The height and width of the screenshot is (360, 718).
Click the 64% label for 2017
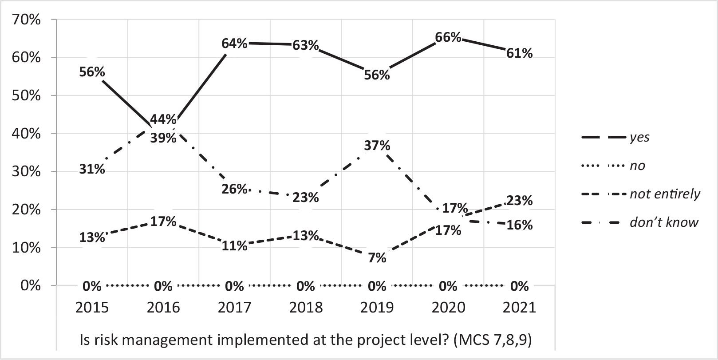234,44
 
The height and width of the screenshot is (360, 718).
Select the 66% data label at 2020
448,37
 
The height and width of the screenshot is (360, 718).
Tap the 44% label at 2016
163,119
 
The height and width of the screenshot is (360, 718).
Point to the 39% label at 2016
163,138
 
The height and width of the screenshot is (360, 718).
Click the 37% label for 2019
377,145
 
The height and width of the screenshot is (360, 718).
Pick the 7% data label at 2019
377,257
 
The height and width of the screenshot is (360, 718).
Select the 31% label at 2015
92,169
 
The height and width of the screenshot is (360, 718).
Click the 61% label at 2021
519,53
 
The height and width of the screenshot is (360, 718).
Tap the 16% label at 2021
519,225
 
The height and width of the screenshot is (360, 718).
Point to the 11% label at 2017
234,245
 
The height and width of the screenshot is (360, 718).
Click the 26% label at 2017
234,189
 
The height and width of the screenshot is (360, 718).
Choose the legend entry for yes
639,137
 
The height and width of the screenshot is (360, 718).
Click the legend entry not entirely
664,194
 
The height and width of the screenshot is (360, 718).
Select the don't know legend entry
663,222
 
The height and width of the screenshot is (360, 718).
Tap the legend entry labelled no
637,166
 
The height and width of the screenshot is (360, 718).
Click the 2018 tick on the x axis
306,307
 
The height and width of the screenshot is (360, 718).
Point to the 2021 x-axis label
519,307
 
